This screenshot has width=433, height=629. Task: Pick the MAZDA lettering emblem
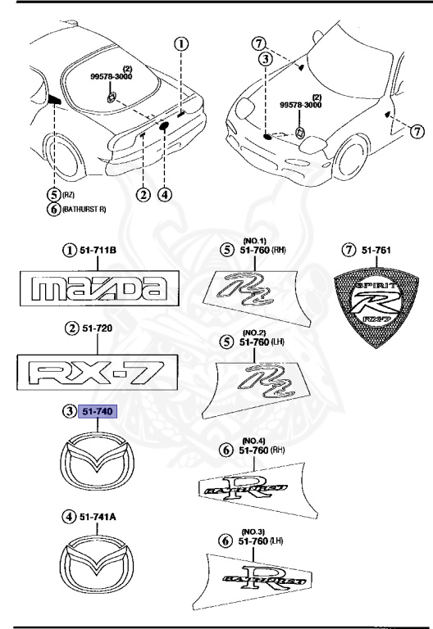[x=98, y=288]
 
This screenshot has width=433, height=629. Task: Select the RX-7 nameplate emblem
[x=98, y=369]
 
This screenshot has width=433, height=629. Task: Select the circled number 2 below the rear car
[x=143, y=194]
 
